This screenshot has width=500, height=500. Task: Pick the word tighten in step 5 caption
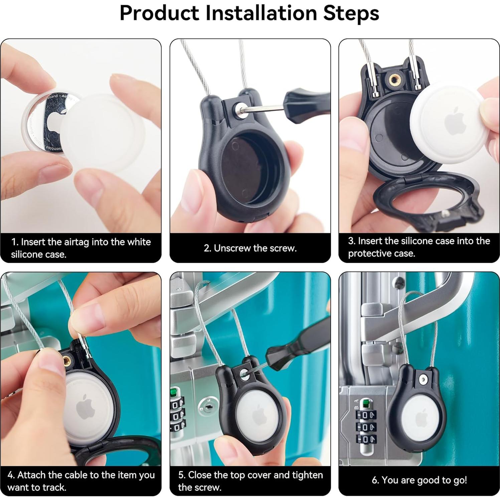coord(308,475)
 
